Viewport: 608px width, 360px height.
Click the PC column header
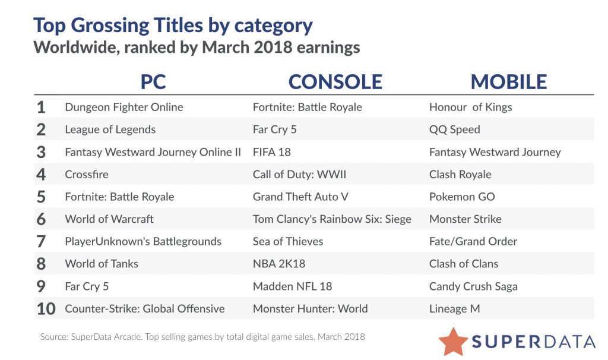153,82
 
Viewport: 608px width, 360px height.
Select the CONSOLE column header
335,82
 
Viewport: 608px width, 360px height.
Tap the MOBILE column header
509,82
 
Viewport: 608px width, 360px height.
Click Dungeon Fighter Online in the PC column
123,108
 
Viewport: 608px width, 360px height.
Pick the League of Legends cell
110,130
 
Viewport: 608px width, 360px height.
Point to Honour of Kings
470,108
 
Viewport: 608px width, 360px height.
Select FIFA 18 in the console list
272,152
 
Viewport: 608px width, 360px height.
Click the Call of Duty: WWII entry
299,175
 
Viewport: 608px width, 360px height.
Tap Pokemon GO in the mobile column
462,197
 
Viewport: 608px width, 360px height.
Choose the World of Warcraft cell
109,219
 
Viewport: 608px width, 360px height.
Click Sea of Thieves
288,241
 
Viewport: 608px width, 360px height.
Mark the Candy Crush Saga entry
473,286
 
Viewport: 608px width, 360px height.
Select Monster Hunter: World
310,309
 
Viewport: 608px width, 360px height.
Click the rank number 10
46,309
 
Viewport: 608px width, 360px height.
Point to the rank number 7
41,241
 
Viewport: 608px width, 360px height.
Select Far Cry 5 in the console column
274,130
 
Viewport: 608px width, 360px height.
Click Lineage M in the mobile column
454,309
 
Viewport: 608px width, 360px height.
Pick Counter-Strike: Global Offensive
144,309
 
